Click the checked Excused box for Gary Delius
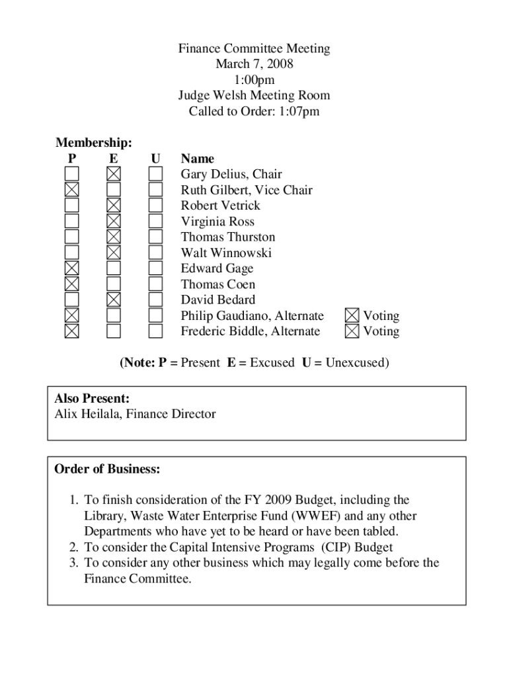tap(114, 174)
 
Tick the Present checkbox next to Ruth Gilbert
tap(71, 190)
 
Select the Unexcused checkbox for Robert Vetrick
tap(155, 206)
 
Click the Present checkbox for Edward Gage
tap(71, 268)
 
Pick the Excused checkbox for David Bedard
tap(114, 299)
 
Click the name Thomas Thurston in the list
tap(228, 237)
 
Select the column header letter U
tap(155, 159)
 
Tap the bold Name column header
tap(198, 159)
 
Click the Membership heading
tap(93, 143)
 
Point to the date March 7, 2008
tap(254, 64)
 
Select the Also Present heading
tap(91, 399)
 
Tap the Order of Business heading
tap(107, 469)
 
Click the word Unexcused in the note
tap(354, 363)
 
